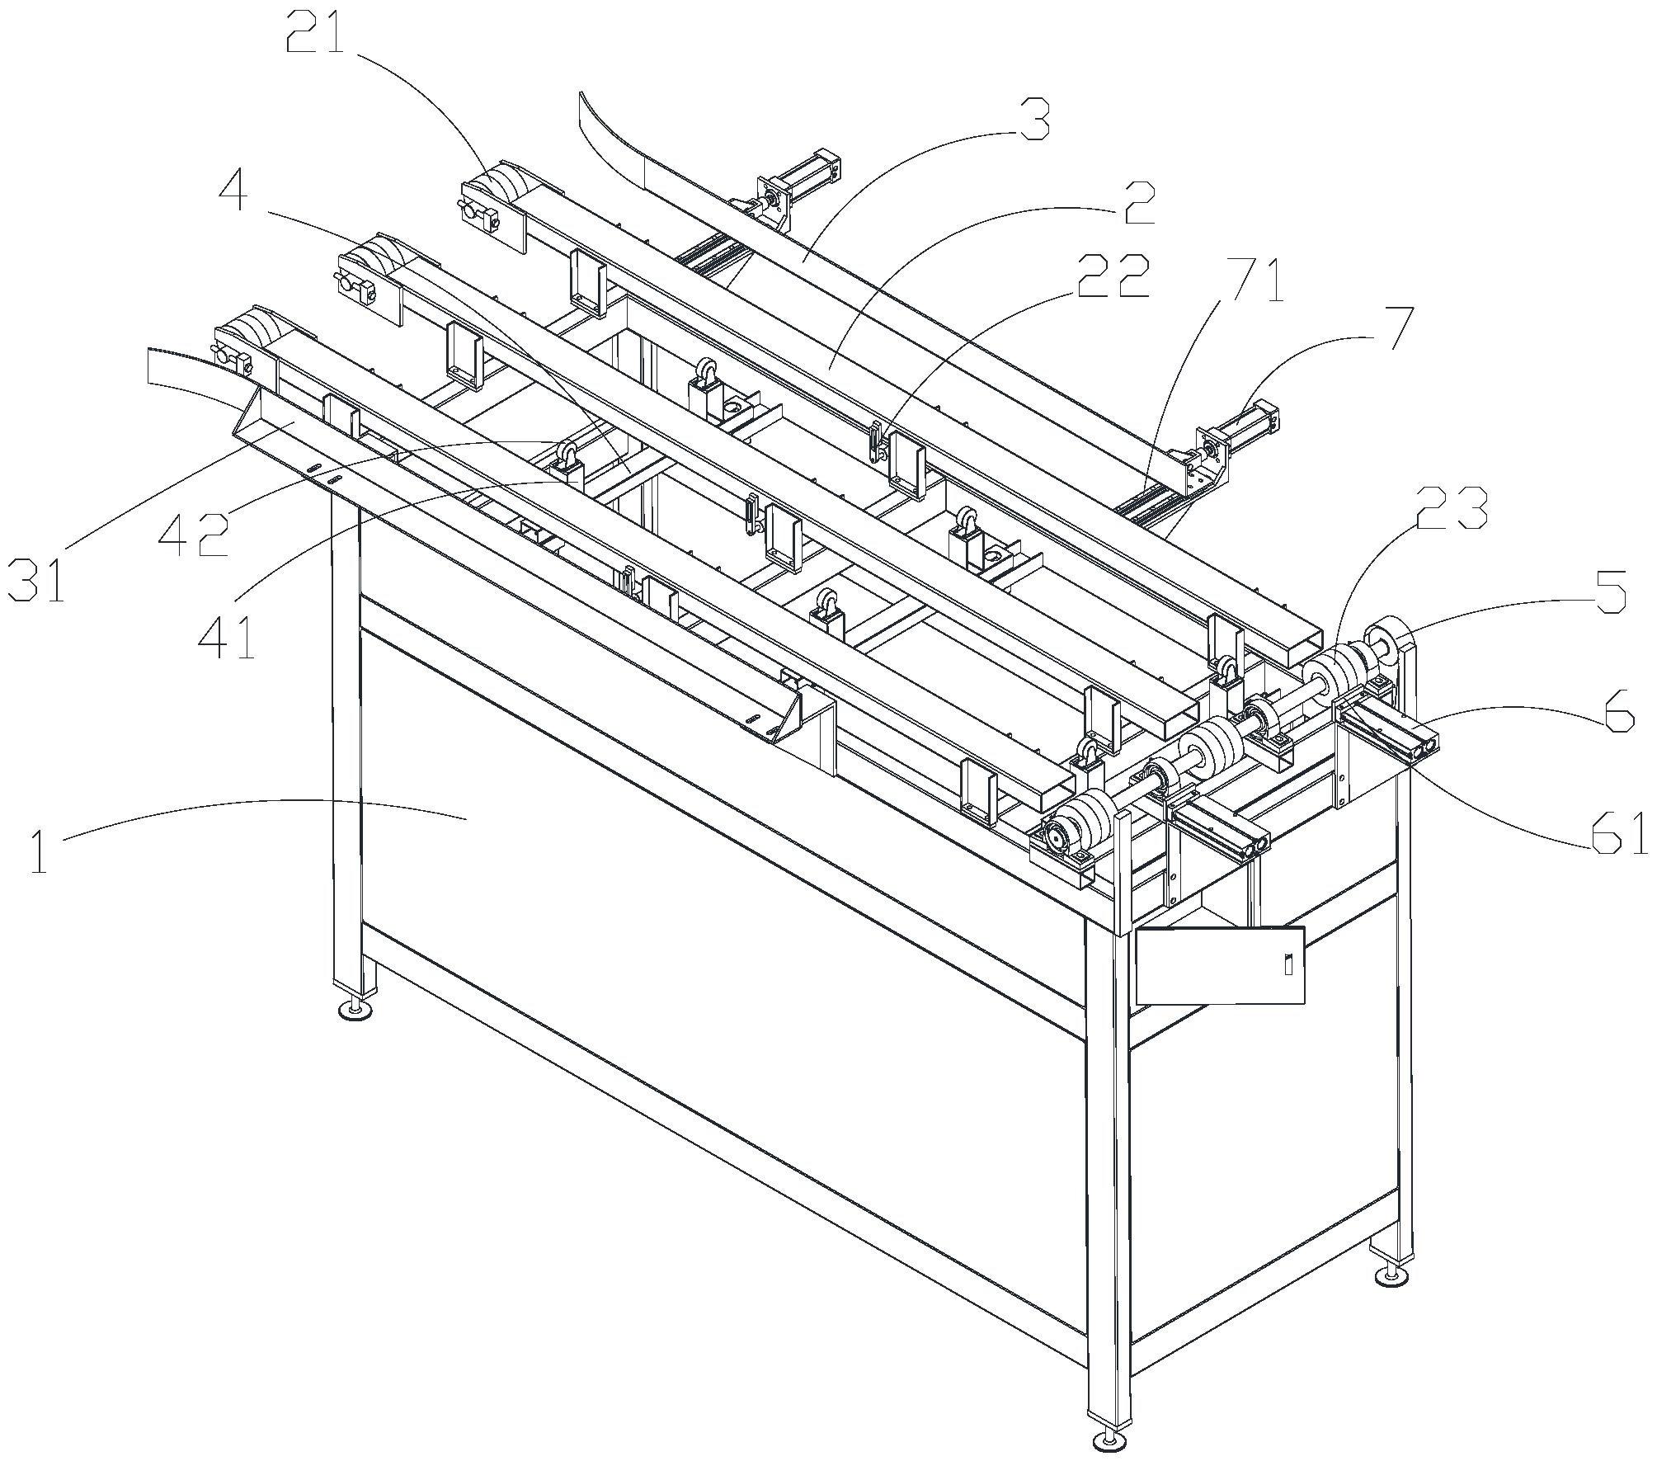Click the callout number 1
pos(39,853)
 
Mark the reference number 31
pos(36,579)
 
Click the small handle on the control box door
pos(1288,964)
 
